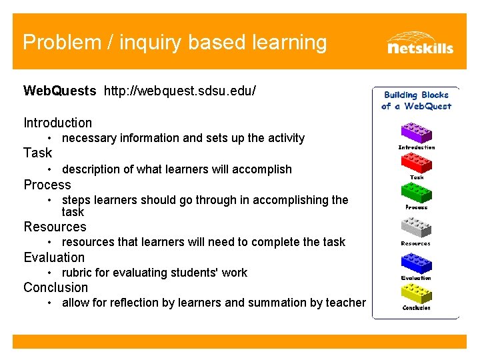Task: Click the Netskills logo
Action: coord(419,42)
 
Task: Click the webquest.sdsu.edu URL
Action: coord(179,90)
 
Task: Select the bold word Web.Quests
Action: coord(60,90)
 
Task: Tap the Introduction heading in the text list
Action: coord(58,123)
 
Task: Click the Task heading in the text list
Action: coord(37,153)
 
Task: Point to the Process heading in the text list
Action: coord(47,185)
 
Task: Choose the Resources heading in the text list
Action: coord(55,227)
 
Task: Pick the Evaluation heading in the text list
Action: coord(54,257)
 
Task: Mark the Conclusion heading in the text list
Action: coord(55,287)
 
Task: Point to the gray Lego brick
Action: coord(416,227)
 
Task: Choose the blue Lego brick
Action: coord(416,262)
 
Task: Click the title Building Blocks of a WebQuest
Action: coord(416,101)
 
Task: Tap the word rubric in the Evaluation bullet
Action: coord(77,273)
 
